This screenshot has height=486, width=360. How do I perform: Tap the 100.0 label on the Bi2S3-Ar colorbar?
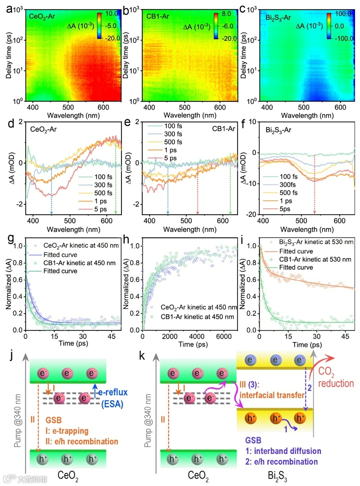pyautogui.click(x=343, y=14)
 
